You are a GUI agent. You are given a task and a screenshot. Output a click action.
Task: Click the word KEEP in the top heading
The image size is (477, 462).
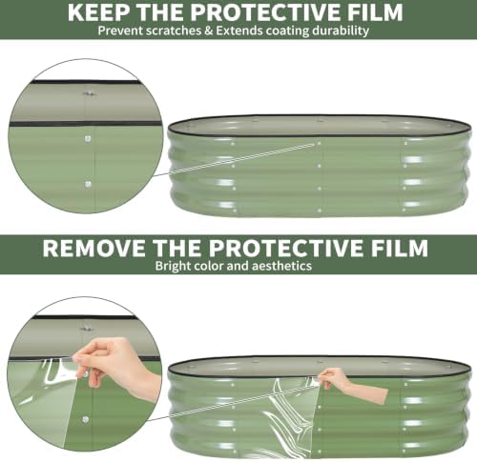[x=99, y=12]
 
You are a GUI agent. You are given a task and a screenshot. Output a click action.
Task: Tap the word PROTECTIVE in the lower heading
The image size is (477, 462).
[x=286, y=248]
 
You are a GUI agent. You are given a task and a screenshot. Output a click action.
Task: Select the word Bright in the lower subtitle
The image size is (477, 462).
[x=173, y=266]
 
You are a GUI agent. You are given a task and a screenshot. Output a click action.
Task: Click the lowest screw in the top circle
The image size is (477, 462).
[x=88, y=184]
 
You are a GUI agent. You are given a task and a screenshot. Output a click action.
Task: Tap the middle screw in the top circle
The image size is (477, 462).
[x=88, y=139]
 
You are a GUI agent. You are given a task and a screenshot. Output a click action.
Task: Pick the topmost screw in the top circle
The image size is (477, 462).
[x=87, y=94]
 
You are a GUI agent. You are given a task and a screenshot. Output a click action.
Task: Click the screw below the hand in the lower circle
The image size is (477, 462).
[x=85, y=419]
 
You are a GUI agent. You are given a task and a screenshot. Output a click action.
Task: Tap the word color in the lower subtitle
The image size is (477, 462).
[x=208, y=266]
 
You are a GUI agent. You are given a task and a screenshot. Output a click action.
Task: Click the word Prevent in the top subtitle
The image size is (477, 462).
[x=117, y=30]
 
